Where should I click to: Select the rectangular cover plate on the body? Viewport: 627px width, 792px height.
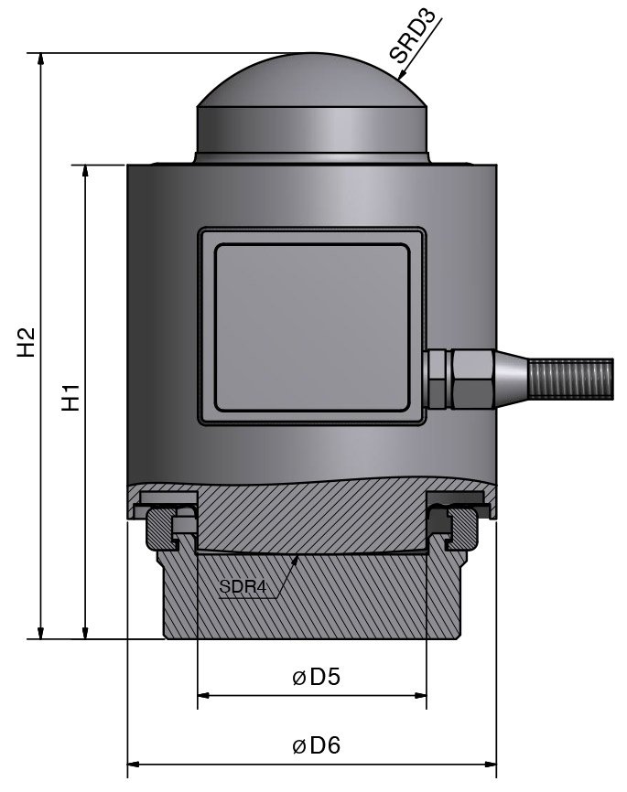[312, 326]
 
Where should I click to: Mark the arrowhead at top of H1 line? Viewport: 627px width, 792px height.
[85, 172]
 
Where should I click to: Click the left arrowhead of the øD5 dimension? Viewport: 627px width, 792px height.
[204, 696]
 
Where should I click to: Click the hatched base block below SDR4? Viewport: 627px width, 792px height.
[312, 604]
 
